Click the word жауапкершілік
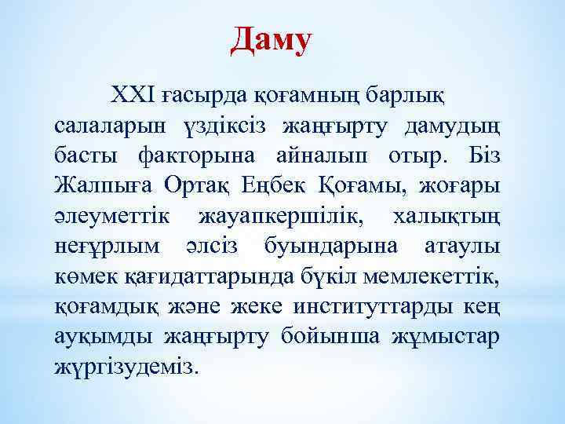tap(282, 217)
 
